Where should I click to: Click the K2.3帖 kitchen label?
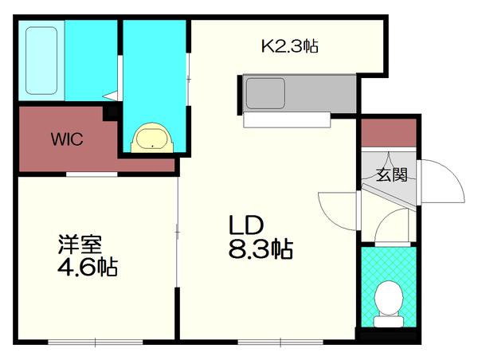pos(290,46)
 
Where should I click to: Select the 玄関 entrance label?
pos(392,174)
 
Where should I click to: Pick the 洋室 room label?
pos(78,241)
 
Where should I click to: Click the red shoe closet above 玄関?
pos(388,132)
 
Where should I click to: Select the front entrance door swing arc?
pos(443,182)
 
